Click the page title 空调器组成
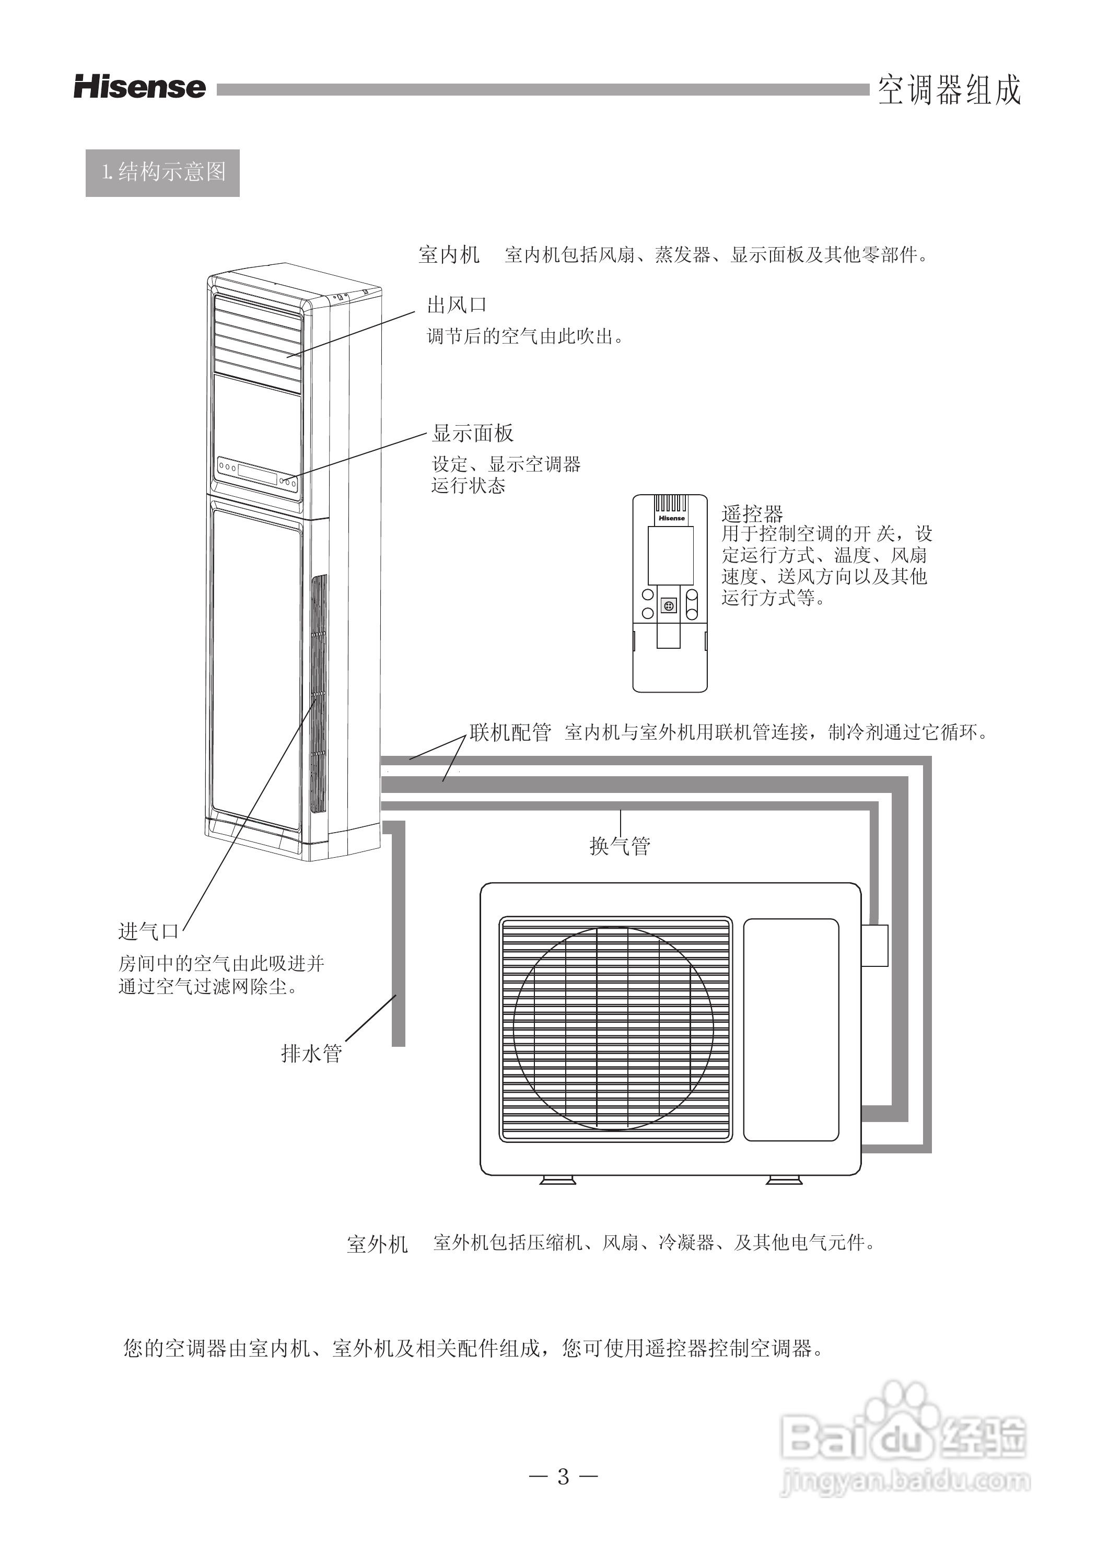949,90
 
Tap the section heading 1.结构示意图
163,172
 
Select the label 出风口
457,305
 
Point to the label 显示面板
473,433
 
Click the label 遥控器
752,514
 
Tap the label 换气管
620,846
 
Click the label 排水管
311,1053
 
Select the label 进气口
148,931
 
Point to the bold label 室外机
377,1244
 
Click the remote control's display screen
670,555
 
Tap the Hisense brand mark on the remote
671,518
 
